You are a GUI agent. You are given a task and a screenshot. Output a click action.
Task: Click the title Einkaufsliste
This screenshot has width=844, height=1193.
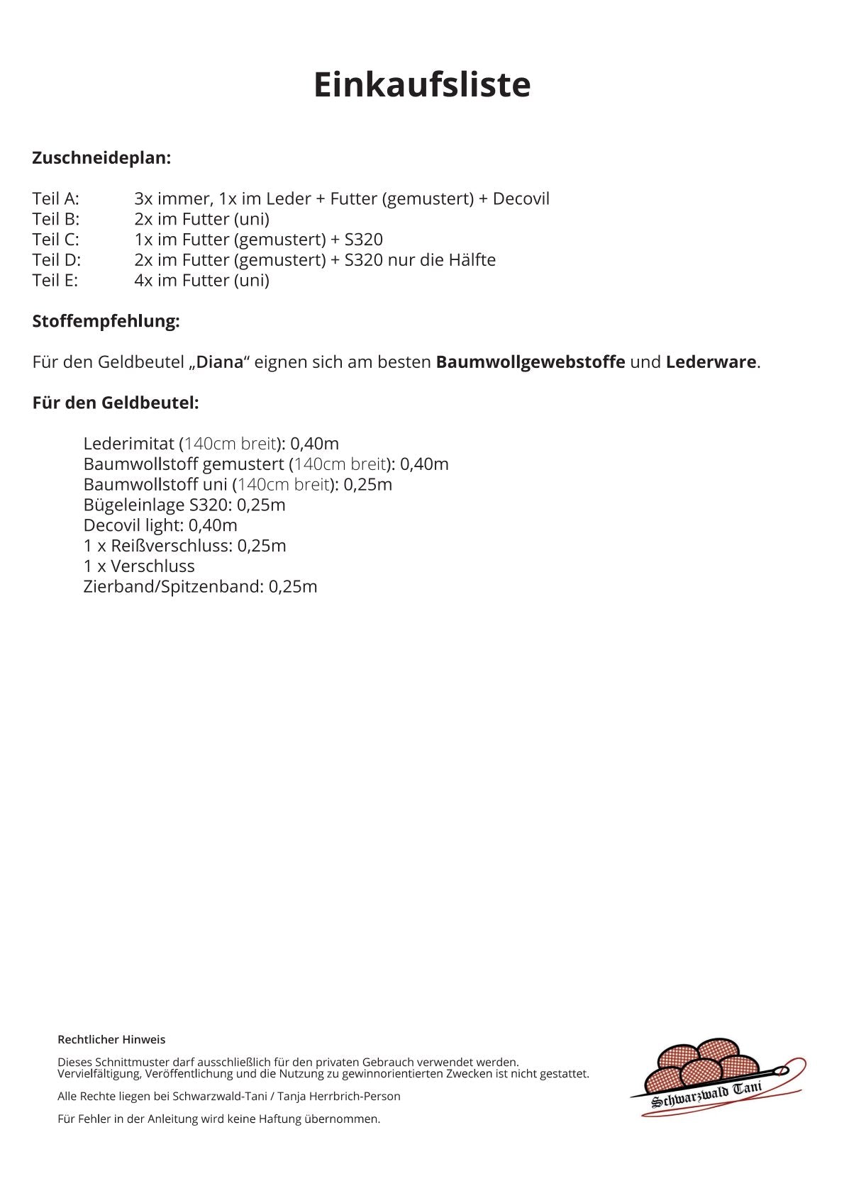(422, 84)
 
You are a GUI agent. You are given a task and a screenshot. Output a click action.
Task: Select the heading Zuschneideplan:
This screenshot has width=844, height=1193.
(101, 158)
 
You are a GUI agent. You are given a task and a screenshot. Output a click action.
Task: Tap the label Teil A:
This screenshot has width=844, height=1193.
(56, 198)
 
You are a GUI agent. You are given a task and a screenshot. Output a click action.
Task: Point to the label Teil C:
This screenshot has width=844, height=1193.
(56, 240)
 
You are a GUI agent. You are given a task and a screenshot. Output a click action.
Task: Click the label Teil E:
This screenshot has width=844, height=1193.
(55, 281)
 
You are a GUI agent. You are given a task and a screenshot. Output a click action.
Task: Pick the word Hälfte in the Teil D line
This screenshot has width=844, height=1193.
(472, 260)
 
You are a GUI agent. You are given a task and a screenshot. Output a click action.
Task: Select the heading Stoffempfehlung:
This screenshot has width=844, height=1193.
(106, 321)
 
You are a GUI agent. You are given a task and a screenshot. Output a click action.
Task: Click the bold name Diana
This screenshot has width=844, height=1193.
(220, 362)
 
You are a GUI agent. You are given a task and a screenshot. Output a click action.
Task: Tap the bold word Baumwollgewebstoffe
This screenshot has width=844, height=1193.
(530, 362)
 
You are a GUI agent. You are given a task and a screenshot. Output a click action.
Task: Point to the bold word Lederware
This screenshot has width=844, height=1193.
(711, 362)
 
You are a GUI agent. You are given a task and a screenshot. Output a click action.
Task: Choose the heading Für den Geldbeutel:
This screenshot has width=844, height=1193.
(116, 403)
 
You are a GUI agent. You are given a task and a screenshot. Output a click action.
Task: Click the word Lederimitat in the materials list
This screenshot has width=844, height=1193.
(128, 444)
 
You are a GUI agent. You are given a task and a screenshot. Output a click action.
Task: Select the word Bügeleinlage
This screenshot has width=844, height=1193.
(133, 505)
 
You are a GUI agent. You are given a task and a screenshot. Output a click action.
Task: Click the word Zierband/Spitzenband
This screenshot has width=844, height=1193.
(173, 587)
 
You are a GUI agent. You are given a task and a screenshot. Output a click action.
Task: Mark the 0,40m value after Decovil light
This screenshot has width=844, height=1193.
(213, 525)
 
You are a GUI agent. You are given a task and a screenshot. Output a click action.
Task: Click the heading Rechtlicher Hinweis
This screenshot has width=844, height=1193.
(111, 1040)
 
